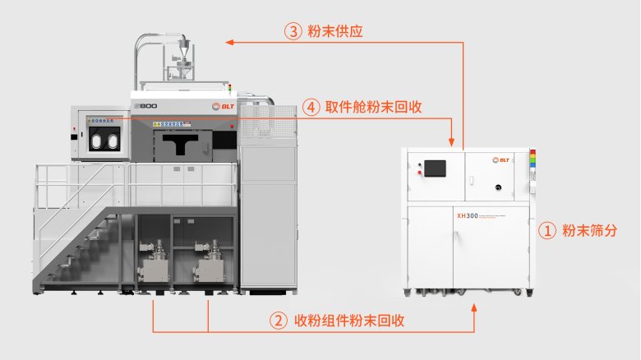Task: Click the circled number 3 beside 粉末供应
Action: [293, 32]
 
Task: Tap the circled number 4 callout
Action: [311, 107]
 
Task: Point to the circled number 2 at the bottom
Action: [278, 320]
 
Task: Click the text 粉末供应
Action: [335, 32]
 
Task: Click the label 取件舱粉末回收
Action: [375, 107]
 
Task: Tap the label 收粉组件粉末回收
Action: [348, 320]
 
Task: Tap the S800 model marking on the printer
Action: [145, 107]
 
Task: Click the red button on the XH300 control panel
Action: [422, 173]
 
